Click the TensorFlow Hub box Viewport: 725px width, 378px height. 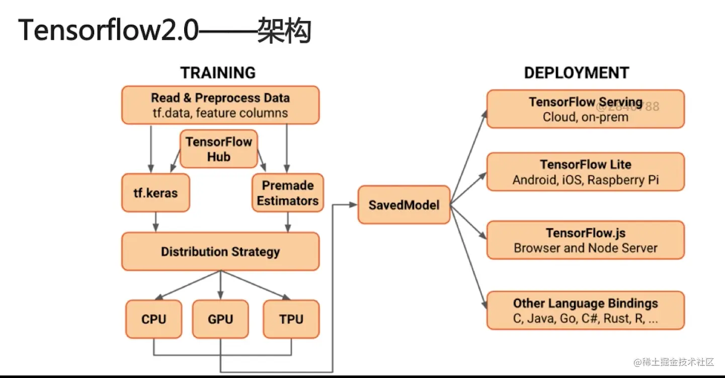tap(218, 149)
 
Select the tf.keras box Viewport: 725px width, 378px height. tap(155, 193)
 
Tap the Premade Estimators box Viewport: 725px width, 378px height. tap(287, 193)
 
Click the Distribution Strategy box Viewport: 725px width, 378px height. tap(220, 251)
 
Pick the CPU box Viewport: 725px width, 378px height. tap(153, 319)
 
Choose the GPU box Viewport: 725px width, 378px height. tap(220, 319)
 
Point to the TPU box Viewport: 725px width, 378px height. tap(291, 319)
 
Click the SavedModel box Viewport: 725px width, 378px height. tap(404, 205)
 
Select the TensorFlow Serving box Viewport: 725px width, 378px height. tap(585, 109)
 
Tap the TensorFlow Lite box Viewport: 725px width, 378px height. tap(585, 172)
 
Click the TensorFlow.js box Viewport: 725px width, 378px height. tap(585, 240)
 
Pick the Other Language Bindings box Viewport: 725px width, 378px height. tap(585, 310)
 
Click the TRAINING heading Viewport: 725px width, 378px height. tap(218, 73)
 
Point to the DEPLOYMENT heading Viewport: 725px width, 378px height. tap(576, 73)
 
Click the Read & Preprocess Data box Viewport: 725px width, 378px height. tap(220, 105)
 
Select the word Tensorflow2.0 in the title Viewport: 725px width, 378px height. tap(108, 31)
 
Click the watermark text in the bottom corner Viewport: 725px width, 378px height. tap(674, 362)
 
